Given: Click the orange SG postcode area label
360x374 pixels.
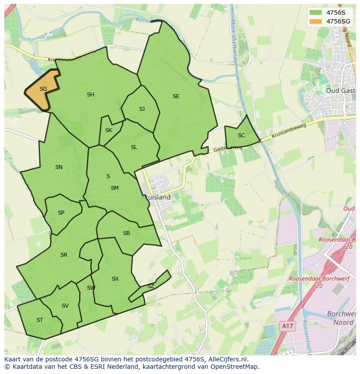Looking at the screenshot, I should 43,89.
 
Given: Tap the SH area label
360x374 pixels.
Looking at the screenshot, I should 90,95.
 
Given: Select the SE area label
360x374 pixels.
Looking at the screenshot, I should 176,96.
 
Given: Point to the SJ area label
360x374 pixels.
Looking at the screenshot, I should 142,109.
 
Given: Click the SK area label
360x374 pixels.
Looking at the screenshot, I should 109,130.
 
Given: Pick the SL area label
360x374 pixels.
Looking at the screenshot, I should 134,147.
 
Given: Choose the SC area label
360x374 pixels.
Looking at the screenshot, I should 241,136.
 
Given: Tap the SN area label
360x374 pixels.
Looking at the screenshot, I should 59,167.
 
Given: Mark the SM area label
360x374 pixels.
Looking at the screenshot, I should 115,188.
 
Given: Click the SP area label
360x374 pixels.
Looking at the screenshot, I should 61,213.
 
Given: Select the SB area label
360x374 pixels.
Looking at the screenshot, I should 127,233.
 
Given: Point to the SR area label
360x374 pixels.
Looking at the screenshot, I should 64,255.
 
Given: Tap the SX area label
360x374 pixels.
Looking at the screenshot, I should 115,279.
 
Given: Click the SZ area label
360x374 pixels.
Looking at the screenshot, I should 150,286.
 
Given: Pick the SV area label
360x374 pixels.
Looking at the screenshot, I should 65,306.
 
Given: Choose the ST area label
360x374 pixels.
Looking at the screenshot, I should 40,320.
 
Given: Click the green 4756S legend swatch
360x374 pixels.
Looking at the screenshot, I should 316,13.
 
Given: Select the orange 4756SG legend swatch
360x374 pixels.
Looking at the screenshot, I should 316,21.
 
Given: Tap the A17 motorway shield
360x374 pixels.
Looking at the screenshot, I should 286,326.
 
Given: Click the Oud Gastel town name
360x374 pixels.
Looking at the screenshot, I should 342,90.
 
